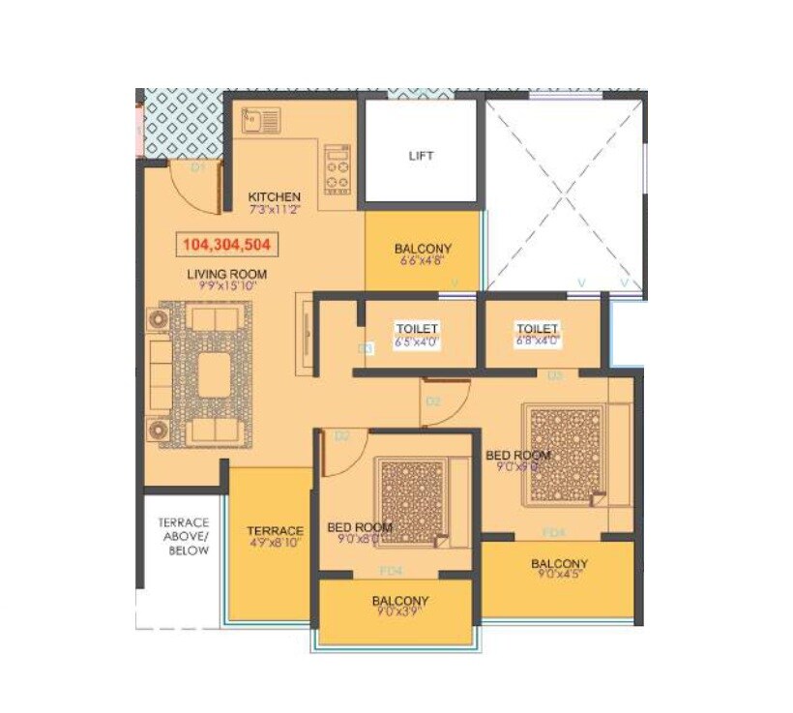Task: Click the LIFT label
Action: tap(421, 156)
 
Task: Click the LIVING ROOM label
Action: tap(227, 274)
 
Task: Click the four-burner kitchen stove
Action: tap(337, 168)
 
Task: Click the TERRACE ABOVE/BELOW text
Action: tap(183, 536)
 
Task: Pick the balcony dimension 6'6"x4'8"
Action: tap(423, 261)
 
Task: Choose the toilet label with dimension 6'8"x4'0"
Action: tap(538, 335)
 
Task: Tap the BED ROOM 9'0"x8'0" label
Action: tap(360, 534)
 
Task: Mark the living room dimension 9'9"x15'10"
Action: tap(227, 286)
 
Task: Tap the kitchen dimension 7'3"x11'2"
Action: tap(275, 208)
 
